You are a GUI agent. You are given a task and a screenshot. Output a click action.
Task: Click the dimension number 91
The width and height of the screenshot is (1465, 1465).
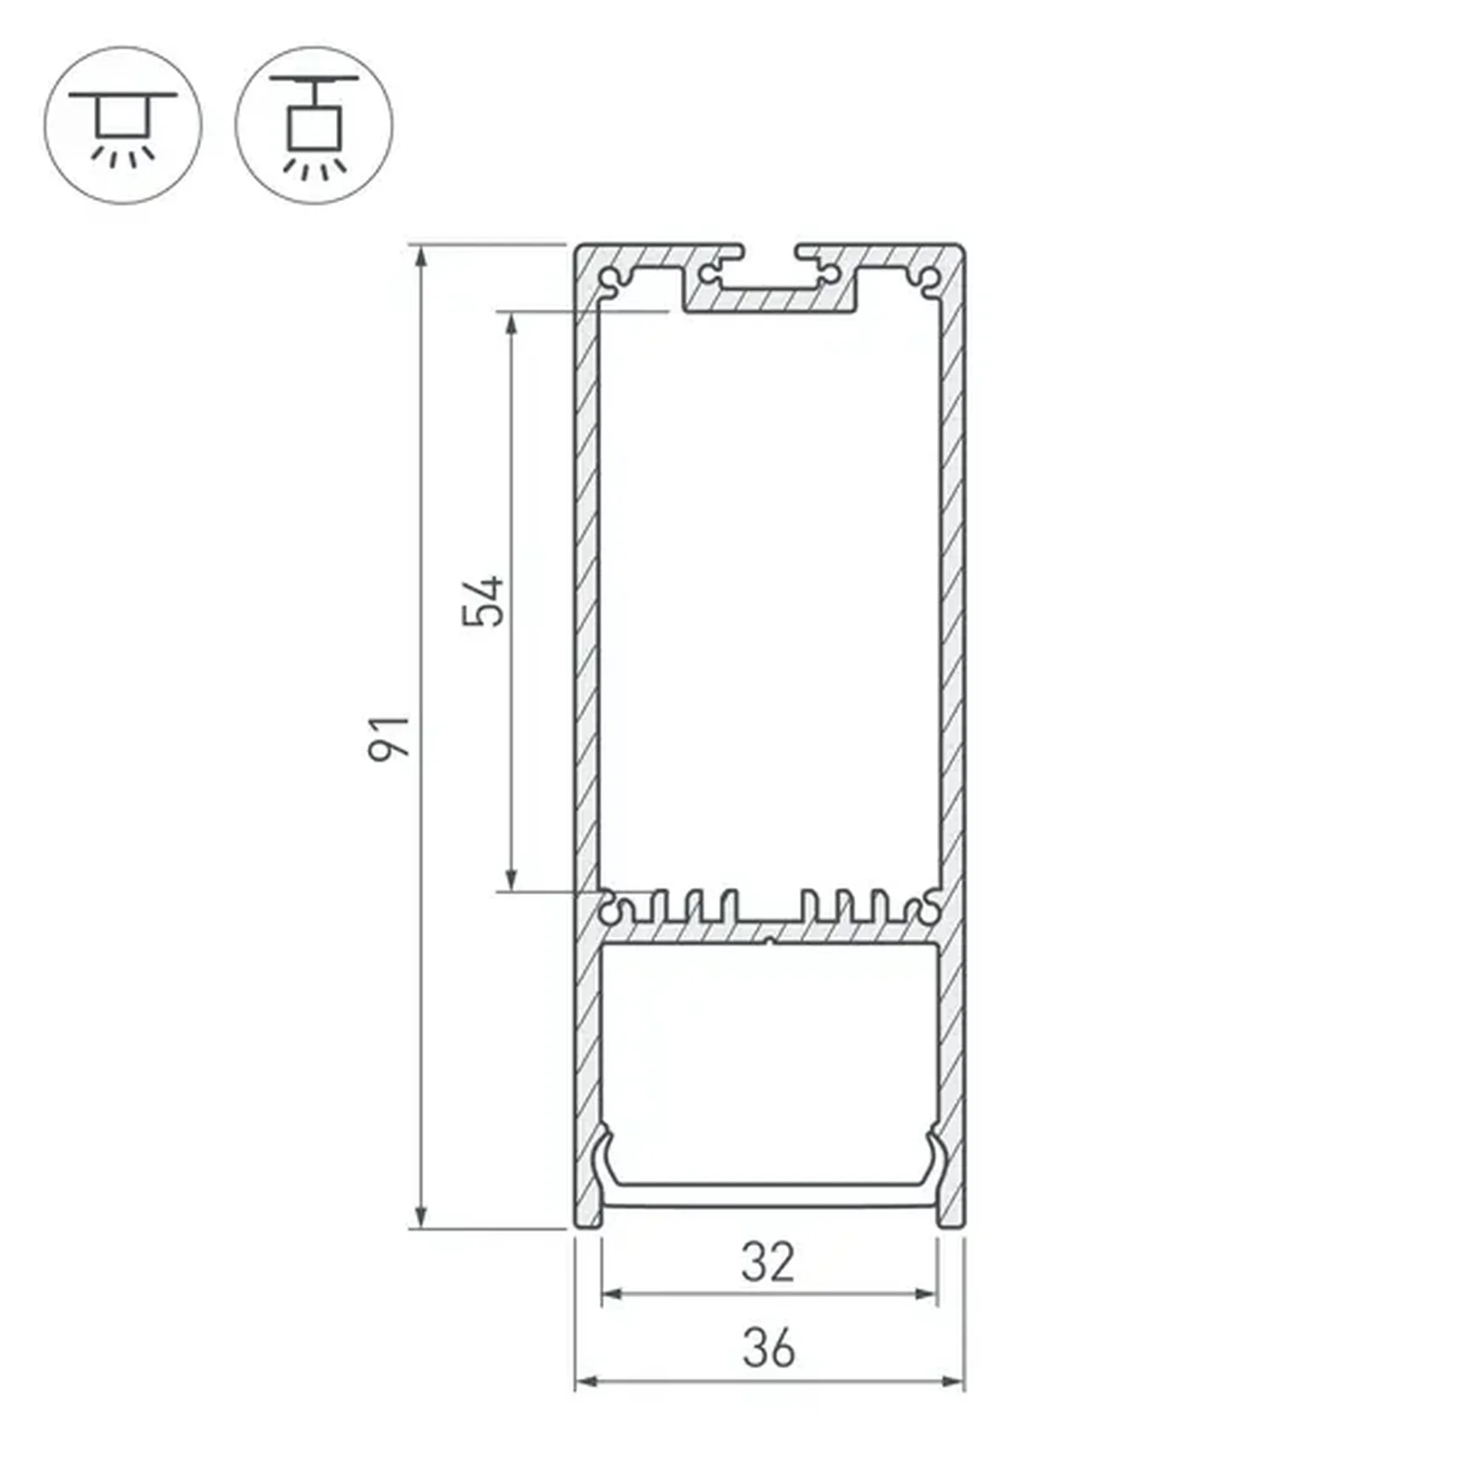tap(389, 738)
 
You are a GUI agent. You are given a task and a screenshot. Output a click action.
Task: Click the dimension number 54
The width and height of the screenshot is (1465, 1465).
tap(483, 602)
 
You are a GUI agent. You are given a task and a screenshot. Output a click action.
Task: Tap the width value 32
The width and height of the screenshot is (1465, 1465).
tap(767, 1262)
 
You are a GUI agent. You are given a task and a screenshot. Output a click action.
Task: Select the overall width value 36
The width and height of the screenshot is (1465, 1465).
tap(768, 1347)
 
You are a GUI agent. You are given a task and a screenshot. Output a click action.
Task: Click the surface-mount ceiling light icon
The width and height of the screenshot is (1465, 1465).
tap(124, 125)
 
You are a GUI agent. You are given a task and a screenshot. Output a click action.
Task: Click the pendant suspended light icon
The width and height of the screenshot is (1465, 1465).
tap(314, 125)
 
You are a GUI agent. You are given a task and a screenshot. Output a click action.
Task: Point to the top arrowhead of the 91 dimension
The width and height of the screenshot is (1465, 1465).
tap(421, 256)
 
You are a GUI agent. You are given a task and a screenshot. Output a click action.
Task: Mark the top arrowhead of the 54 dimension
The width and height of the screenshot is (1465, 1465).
tap(511, 324)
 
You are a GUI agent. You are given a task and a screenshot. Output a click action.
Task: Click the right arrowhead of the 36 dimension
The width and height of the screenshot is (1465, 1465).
tap(953, 1381)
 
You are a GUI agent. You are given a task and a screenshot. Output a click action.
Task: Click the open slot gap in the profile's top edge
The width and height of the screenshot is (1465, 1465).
tap(769, 252)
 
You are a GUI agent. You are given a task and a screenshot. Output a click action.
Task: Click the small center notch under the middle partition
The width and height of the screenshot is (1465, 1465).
tap(769, 941)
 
